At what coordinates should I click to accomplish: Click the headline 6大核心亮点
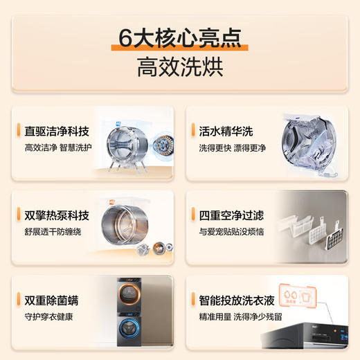click(180, 39)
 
